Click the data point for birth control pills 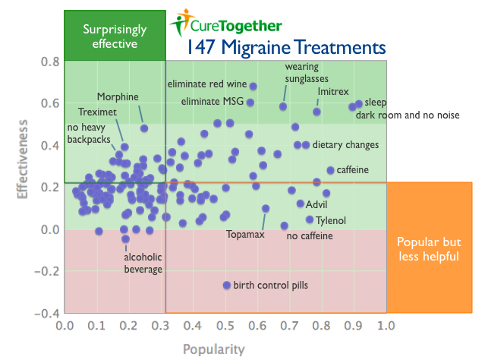click(x=226, y=285)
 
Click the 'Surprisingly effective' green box click(x=115, y=36)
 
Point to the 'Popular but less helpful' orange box click(x=429, y=248)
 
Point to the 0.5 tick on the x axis click(x=225, y=326)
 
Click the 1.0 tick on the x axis click(x=386, y=326)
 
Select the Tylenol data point click(x=310, y=219)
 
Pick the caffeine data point click(x=330, y=170)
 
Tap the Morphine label click(x=118, y=96)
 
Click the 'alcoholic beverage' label click(x=143, y=263)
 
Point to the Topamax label click(x=245, y=234)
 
